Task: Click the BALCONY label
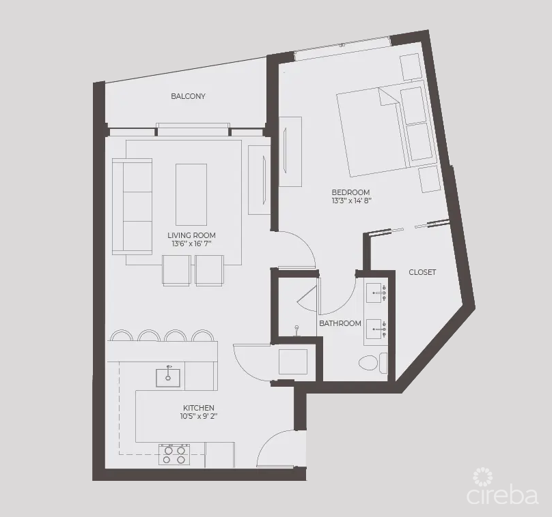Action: point(188,96)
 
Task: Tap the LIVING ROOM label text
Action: point(191,235)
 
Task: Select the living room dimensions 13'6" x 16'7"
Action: point(191,244)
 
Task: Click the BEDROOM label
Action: point(350,192)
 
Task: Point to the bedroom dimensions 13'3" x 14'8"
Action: point(350,201)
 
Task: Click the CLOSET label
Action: point(422,272)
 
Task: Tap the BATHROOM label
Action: point(340,323)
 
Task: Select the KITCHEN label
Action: point(198,408)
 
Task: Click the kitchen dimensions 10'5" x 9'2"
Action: point(198,416)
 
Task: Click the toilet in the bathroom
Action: point(370,362)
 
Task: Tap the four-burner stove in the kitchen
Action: point(174,455)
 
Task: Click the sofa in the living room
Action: point(132,206)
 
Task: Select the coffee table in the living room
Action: point(191,194)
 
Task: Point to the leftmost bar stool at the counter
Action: point(122,336)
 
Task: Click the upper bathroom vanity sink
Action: point(376,293)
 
